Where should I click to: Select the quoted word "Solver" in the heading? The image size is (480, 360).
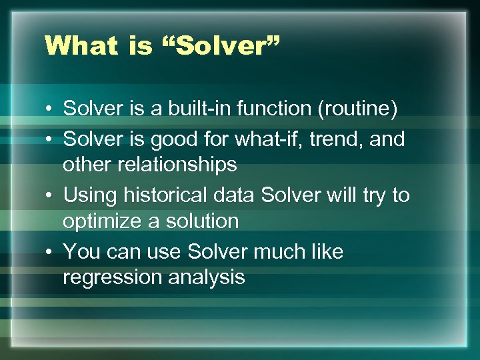221,45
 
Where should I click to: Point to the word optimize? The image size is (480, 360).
101,221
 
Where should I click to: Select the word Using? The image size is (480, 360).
86,196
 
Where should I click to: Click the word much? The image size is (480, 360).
284,252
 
